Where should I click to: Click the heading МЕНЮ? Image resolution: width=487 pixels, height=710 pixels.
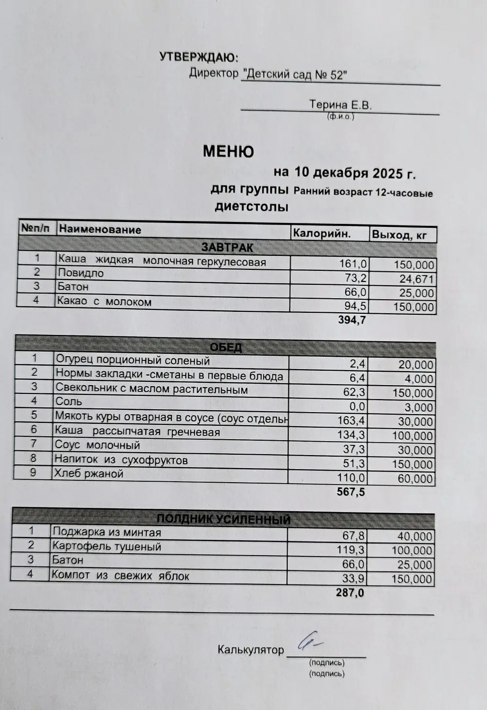[x=228, y=152]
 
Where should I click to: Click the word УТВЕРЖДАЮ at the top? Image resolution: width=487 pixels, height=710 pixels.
[x=198, y=58]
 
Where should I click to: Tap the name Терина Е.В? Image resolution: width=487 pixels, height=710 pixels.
[x=340, y=105]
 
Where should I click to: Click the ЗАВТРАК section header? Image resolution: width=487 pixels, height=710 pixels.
[x=227, y=248]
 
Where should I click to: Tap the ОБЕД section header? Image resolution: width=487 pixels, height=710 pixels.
[x=226, y=348]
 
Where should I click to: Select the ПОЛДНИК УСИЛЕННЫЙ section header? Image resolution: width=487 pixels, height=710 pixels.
[x=224, y=519]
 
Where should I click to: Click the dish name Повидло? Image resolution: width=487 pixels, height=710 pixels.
[x=81, y=273]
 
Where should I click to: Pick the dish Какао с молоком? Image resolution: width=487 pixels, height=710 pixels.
[x=104, y=302]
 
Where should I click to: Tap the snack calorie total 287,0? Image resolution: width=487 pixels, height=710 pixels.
[x=350, y=593]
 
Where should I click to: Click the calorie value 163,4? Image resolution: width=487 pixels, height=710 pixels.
[x=352, y=421]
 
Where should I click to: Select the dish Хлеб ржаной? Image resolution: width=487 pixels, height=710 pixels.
[x=89, y=474]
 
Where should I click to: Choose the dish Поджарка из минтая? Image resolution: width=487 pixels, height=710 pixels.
[x=106, y=532]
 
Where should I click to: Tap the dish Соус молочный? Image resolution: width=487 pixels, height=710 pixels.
[x=97, y=445]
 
